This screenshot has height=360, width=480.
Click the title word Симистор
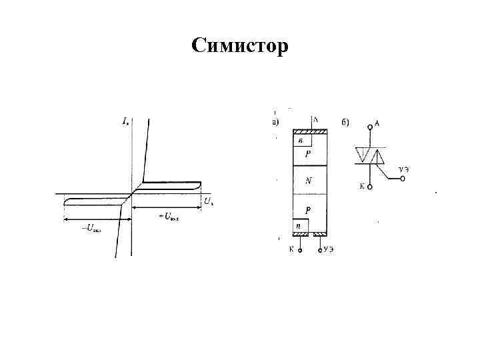240,46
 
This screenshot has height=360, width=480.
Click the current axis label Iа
125,121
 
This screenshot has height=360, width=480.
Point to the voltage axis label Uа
209,200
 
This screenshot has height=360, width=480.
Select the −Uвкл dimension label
91,227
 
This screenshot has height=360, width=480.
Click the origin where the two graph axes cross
132,194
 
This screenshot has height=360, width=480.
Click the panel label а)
275,123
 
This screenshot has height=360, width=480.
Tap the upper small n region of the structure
301,141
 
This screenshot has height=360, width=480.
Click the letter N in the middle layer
308,180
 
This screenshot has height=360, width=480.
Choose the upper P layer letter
307,155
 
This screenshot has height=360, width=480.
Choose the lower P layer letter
307,209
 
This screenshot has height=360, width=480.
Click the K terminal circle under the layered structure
299,251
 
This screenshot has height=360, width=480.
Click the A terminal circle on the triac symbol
371,125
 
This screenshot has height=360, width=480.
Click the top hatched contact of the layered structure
309,131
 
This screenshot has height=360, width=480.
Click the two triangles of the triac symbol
371,155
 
